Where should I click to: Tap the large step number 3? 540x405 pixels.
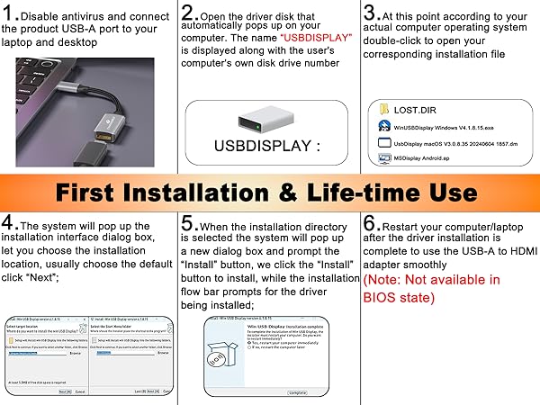(372, 13)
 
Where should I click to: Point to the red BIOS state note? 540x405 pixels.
(432, 288)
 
